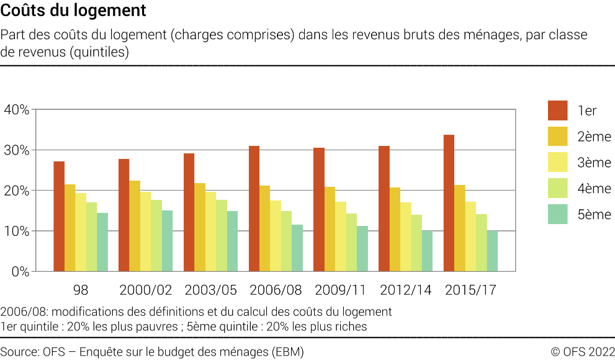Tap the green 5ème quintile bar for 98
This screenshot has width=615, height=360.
click(102, 242)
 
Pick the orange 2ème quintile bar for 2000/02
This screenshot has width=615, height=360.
click(135, 226)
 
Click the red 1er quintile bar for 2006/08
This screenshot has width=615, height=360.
click(254, 209)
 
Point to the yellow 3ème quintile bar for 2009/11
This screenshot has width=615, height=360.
click(341, 236)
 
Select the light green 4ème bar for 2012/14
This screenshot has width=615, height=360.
click(416, 243)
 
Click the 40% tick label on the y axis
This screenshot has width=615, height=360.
click(16, 110)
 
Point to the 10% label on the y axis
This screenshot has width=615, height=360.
click(16, 231)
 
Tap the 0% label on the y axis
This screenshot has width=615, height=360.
click(19, 271)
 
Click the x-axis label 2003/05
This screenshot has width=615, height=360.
click(210, 290)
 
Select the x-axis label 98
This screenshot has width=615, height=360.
click(81, 290)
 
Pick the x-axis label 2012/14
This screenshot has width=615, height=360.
click(405, 290)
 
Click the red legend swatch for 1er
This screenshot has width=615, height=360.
click(557, 110)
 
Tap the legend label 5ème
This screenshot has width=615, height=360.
click(594, 215)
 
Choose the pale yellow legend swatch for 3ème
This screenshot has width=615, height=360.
click(557, 163)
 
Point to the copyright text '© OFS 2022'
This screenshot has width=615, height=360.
click(583, 352)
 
